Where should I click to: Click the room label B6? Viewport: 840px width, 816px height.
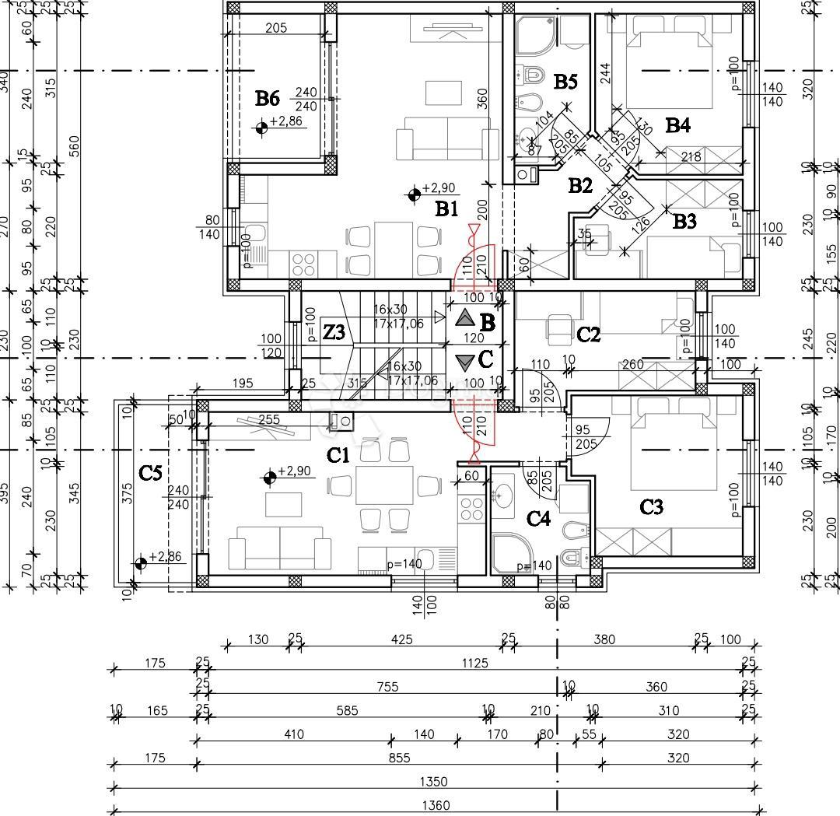coord(267,98)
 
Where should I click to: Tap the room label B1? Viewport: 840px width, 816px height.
coord(446,208)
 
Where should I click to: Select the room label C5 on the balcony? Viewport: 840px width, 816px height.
coord(150,472)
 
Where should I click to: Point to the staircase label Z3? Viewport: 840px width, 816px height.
coord(334,333)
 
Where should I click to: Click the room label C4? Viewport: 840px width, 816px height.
coord(538,517)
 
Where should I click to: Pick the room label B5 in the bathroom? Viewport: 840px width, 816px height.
coord(565,81)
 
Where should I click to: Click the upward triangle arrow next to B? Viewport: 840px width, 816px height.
coord(464,317)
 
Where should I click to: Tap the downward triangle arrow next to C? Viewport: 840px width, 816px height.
coord(464,362)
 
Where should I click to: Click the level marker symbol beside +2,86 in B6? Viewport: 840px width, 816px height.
coord(263,128)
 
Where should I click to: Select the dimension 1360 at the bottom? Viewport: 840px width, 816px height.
coord(435,806)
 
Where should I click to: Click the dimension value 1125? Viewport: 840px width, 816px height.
coord(474,663)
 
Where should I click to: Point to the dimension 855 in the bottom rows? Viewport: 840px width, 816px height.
coord(399,758)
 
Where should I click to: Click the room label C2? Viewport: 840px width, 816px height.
coord(589,334)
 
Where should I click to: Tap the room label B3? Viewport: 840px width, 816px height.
coord(684,222)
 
